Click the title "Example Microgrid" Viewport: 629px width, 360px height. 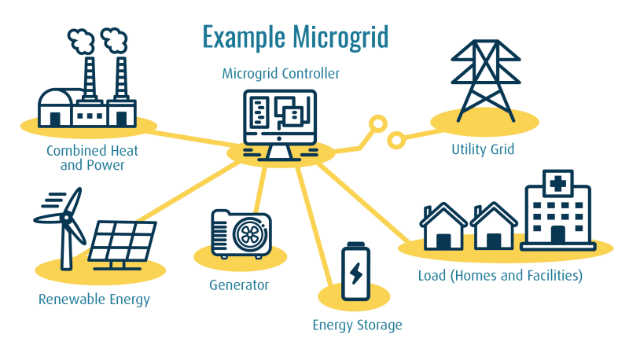coord(295,37)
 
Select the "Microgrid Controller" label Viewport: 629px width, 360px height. coord(281,74)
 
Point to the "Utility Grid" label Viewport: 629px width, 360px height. coord(483,149)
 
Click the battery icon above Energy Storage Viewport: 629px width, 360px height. coord(355,272)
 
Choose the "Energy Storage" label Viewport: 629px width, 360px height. coord(357,325)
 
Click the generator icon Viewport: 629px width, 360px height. coord(241,233)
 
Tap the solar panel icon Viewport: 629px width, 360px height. coord(122,241)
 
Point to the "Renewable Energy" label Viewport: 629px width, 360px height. coord(94,299)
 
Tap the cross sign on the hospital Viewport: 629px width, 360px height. coord(557,185)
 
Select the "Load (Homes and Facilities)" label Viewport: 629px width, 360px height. coord(500,275)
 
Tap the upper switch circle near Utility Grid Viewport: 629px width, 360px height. coord(378,123)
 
